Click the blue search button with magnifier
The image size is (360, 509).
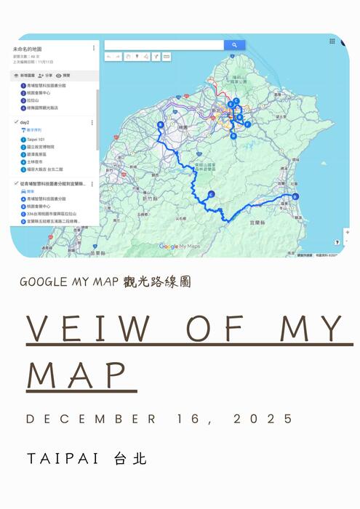click(x=234, y=45)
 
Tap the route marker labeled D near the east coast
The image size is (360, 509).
click(x=295, y=196)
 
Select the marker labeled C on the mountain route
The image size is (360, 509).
click(x=210, y=193)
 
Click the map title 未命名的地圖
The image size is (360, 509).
click(x=28, y=49)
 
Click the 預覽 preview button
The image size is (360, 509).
click(x=66, y=75)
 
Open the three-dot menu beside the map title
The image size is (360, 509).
click(x=93, y=48)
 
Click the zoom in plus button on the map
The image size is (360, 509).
click(x=347, y=232)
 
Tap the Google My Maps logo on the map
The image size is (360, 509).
click(x=179, y=247)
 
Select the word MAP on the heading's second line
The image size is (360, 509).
click(x=81, y=374)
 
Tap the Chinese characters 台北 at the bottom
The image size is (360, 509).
click(x=131, y=459)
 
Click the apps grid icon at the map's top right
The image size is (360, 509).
click(x=332, y=41)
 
